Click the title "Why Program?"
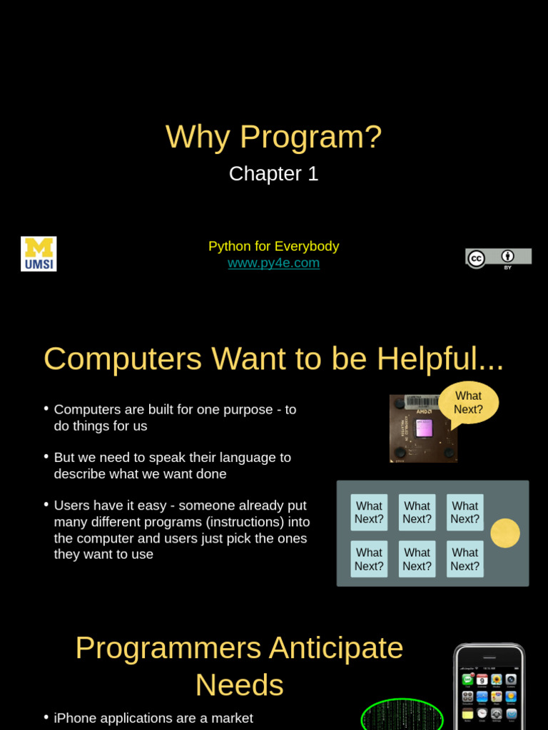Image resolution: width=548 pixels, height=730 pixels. pyautogui.click(x=273, y=137)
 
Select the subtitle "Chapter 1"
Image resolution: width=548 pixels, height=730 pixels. pyautogui.click(x=273, y=174)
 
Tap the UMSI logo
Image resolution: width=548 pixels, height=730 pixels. pyautogui.click(x=39, y=254)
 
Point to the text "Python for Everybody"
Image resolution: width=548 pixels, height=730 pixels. pyautogui.click(x=273, y=247)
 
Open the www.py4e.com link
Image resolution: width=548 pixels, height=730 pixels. pyautogui.click(x=273, y=263)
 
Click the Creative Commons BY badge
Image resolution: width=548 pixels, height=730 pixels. pyautogui.click(x=498, y=258)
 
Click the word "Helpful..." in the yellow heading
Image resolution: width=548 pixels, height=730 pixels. pyautogui.click(x=440, y=359)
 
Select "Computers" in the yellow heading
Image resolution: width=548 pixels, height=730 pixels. pyautogui.click(x=122, y=359)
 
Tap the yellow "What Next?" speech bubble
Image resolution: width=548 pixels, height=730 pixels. pyautogui.click(x=468, y=403)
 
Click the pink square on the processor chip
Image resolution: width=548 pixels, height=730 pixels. pyautogui.click(x=424, y=428)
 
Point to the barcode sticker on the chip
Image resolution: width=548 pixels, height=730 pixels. pyautogui.click(x=422, y=401)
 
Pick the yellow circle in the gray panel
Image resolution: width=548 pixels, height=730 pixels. pyautogui.click(x=505, y=533)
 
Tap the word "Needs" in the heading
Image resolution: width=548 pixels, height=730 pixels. pyautogui.click(x=240, y=686)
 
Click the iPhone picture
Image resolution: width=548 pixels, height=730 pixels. pyautogui.click(x=489, y=688)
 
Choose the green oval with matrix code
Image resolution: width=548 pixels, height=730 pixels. pyautogui.click(x=402, y=716)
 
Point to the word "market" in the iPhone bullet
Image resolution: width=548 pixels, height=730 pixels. pyautogui.click(x=231, y=719)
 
